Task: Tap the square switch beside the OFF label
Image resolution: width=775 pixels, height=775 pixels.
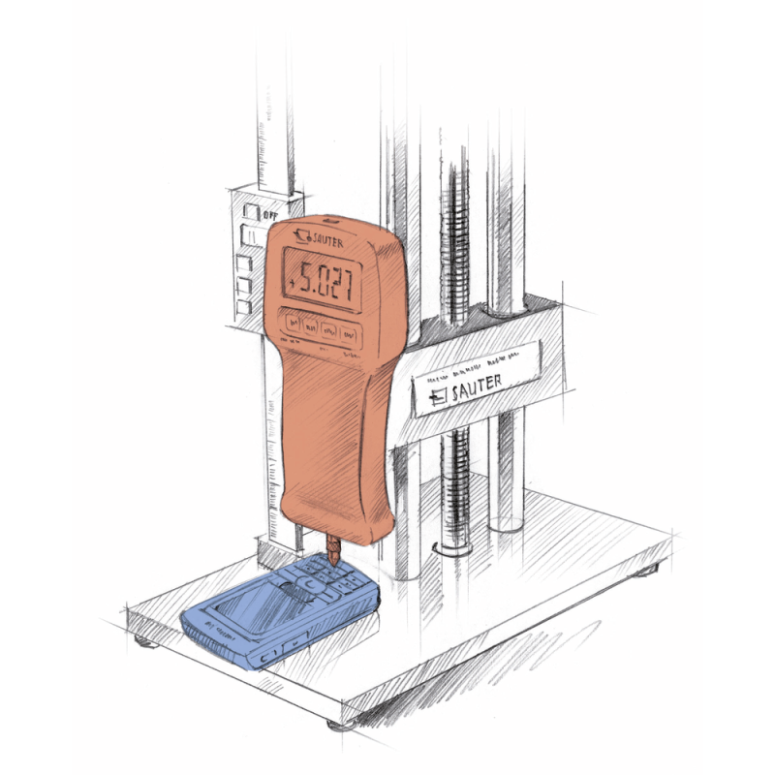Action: click(251, 211)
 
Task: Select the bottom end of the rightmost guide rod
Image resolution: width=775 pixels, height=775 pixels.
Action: click(506, 525)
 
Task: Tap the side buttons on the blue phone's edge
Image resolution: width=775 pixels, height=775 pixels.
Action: click(281, 646)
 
